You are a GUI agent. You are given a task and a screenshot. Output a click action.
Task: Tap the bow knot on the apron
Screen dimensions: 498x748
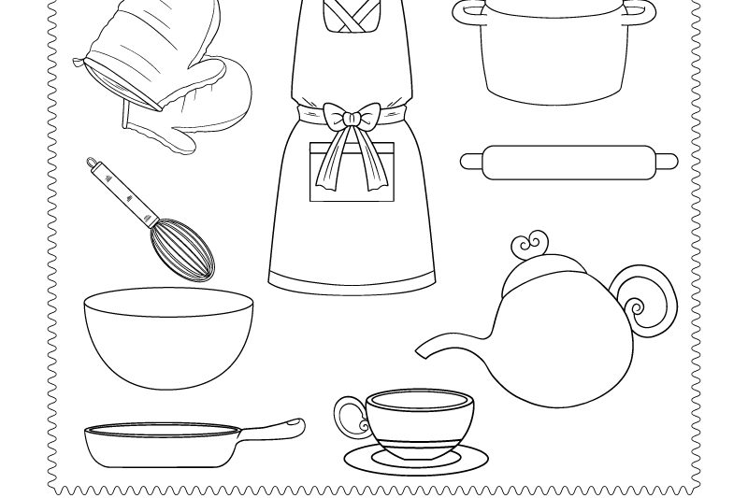(x=352, y=119)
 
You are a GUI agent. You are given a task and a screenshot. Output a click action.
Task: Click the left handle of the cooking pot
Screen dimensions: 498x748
(x=465, y=13)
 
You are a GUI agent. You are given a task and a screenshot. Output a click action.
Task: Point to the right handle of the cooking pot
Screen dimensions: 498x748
(x=643, y=12)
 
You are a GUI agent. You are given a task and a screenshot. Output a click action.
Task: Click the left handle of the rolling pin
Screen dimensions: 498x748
(x=468, y=162)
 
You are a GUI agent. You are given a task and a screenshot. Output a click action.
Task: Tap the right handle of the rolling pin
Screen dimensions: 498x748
(x=668, y=162)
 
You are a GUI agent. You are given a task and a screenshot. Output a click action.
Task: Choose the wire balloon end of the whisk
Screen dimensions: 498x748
(x=183, y=249)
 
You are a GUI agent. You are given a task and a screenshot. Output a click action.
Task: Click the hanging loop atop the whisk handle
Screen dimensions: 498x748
(x=92, y=164)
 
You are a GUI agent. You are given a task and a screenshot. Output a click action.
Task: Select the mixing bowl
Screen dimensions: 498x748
(x=168, y=341)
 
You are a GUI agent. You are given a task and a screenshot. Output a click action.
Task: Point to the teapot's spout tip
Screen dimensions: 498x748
(x=421, y=351)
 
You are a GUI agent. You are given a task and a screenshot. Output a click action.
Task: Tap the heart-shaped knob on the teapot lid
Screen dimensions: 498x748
(x=528, y=246)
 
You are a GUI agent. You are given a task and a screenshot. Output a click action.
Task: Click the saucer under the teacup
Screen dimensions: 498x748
(x=416, y=461)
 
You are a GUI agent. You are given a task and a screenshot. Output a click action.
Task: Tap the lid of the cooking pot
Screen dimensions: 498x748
(x=554, y=7)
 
